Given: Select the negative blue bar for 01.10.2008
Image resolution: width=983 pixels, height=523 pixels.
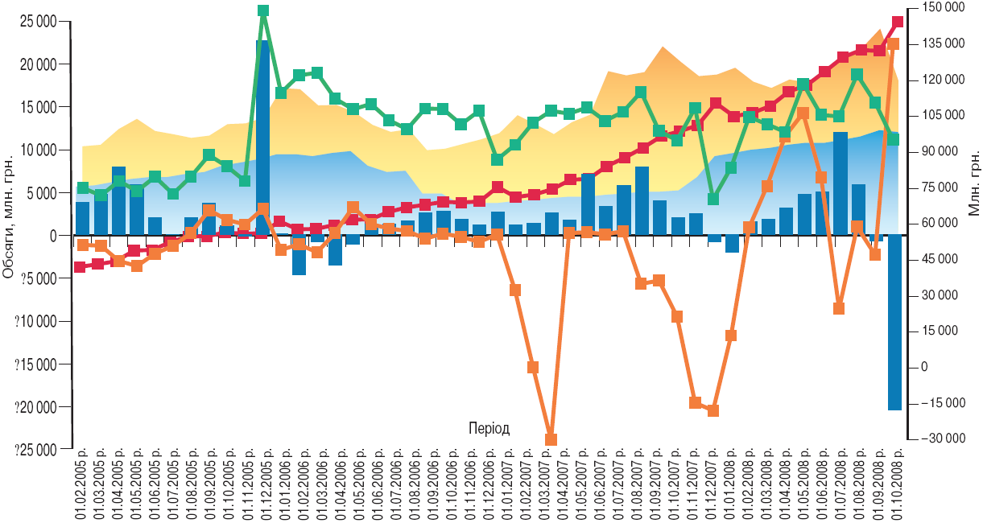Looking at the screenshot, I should pos(894,322).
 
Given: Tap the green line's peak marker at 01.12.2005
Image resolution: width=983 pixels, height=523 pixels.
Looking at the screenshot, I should pos(263,11).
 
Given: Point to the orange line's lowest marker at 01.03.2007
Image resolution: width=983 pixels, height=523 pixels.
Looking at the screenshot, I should pos(551,439).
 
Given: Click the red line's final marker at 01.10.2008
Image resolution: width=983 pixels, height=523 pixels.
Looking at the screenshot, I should pos(898,23).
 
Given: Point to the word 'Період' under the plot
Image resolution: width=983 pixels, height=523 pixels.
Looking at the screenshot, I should pos(489,427).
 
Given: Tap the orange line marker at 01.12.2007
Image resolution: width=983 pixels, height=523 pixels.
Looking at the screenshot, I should pos(712,410).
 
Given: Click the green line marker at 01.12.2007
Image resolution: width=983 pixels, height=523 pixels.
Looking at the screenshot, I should pos(712,199).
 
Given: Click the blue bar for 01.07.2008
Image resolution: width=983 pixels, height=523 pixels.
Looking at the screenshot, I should pos(840,185).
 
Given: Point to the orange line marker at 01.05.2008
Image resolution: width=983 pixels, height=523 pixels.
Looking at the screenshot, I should pos(803,113).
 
